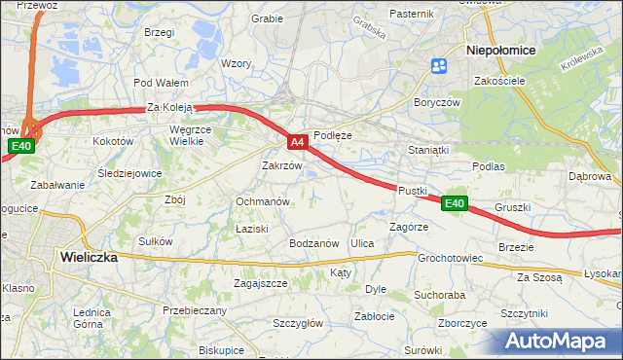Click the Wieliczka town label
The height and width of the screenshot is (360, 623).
pos(88,258)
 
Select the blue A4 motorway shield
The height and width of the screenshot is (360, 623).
pos(299,142)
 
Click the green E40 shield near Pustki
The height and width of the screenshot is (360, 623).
pos(455,203)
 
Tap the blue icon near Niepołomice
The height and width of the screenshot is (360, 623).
pos(438,66)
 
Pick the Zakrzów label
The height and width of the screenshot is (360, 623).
pos(282,165)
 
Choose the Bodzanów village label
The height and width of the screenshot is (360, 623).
pos(313,242)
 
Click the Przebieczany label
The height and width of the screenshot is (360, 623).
pos(195,310)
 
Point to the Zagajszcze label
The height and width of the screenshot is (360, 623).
pos(260,283)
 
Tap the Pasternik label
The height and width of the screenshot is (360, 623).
pos(411,14)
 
